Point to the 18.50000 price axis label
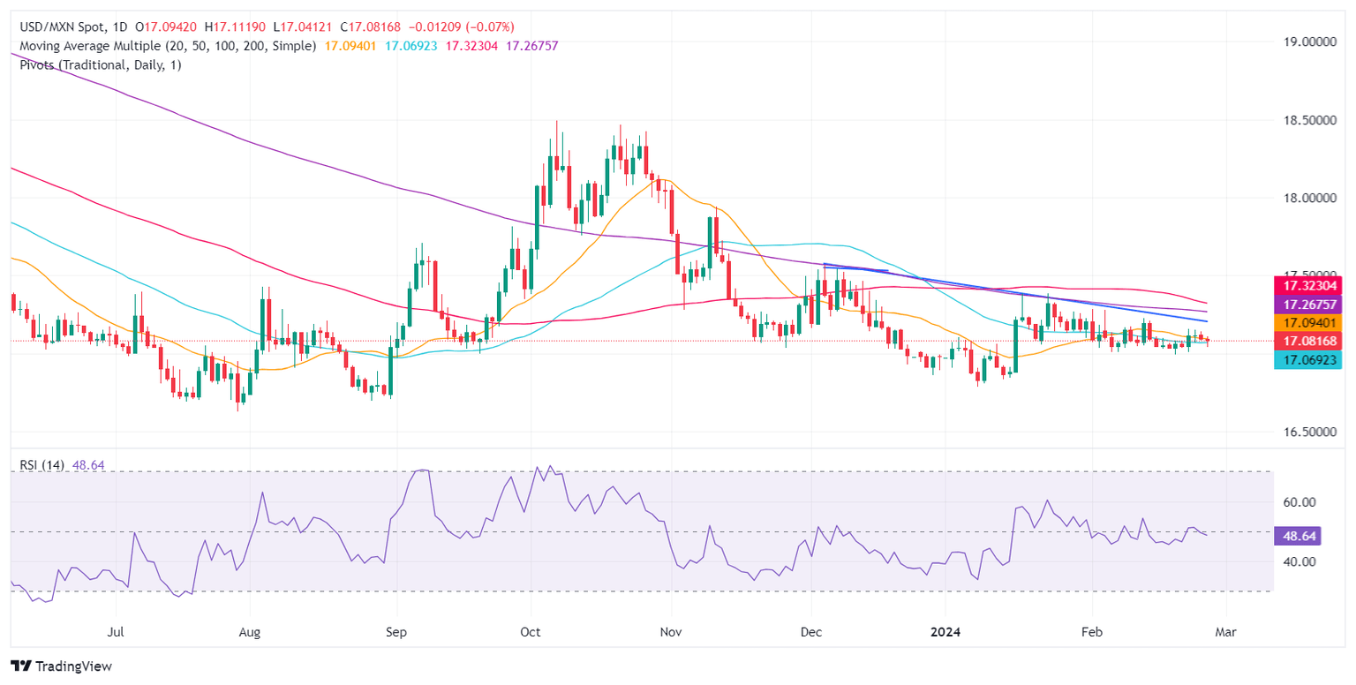point(1309,120)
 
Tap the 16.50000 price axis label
point(1309,432)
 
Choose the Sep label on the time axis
point(397,633)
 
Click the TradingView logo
point(62,666)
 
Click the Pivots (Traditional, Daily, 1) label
point(96,64)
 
